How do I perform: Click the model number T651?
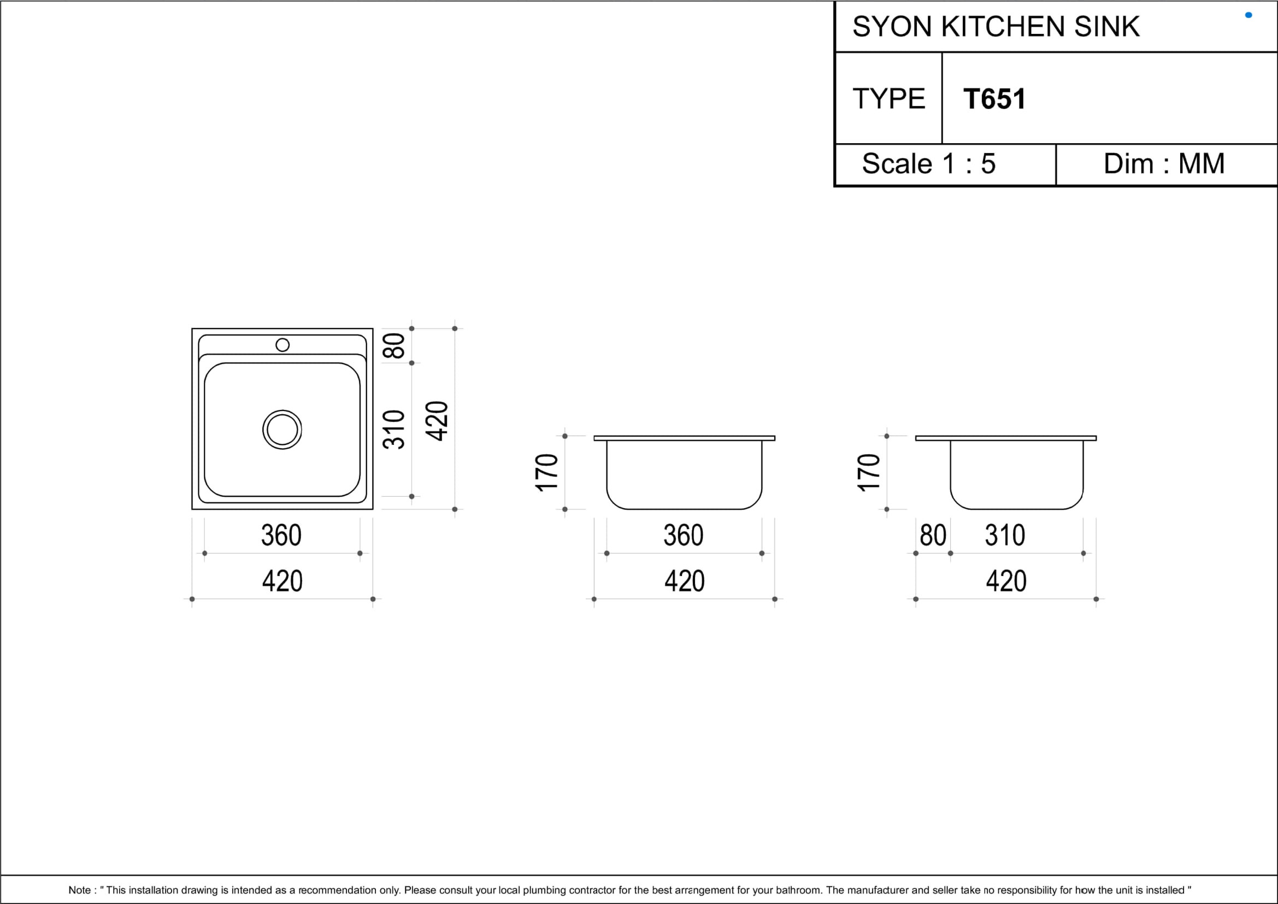[994, 99]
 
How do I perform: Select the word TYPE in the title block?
[889, 99]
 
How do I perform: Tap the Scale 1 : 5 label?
[928, 163]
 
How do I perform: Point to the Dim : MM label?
[1164, 163]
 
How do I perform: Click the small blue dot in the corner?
[1248, 15]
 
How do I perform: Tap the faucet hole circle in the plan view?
[283, 345]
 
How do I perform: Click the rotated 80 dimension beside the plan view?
[393, 345]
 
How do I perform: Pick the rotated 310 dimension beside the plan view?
[393, 429]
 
